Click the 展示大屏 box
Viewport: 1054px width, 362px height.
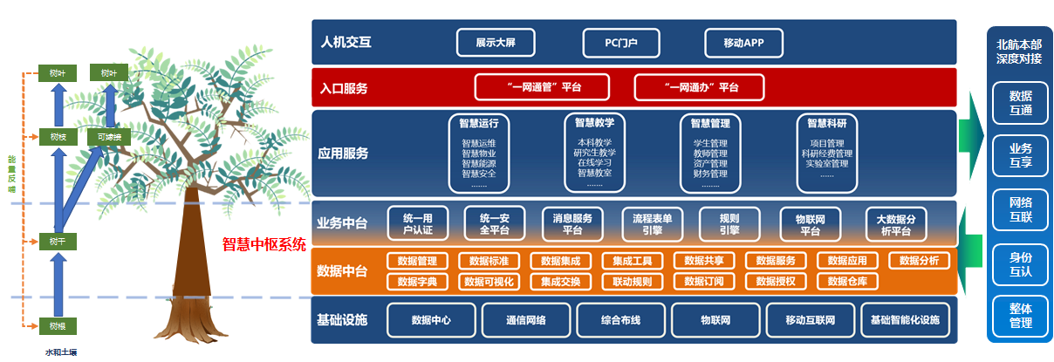coord(496,42)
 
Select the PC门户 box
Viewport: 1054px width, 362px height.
coord(620,42)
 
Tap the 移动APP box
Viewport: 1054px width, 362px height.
coord(744,42)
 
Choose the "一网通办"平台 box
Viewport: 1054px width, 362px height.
coord(699,87)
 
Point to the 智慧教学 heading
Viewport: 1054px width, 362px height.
coord(594,123)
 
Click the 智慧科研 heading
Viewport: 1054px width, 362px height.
coord(828,123)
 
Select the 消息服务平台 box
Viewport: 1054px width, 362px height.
coord(572,223)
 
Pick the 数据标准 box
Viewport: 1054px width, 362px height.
coord(489,261)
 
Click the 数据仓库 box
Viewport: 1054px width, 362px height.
coord(847,282)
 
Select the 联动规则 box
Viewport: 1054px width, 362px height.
coord(632,282)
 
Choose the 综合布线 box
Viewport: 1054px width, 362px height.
coord(620,320)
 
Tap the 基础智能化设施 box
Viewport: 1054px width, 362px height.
coord(904,320)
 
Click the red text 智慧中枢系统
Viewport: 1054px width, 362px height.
coord(264,244)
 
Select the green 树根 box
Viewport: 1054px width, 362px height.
coord(58,326)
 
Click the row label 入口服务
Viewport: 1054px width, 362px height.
coord(344,88)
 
